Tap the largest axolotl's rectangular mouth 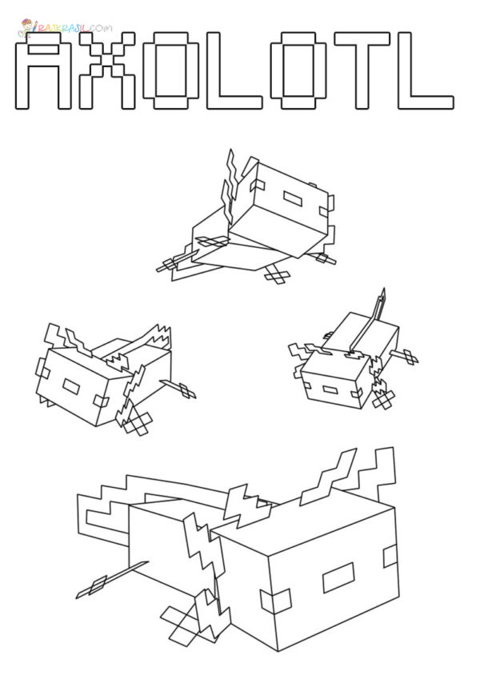tap(338, 577)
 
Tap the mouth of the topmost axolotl tap(290, 196)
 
